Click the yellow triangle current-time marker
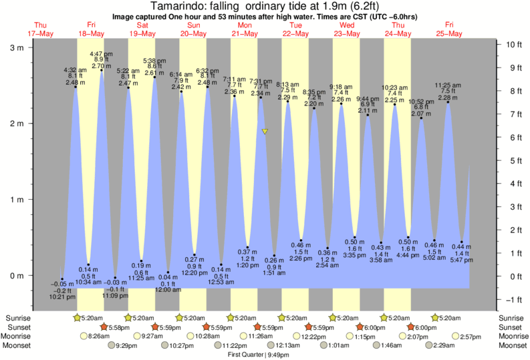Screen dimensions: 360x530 [265, 132]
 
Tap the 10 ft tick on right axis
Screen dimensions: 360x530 [513, 44]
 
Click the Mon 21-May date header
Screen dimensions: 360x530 [245, 29]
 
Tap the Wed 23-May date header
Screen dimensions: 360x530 [347, 29]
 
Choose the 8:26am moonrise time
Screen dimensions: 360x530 [100, 337]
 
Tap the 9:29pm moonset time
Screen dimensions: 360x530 [127, 345]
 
